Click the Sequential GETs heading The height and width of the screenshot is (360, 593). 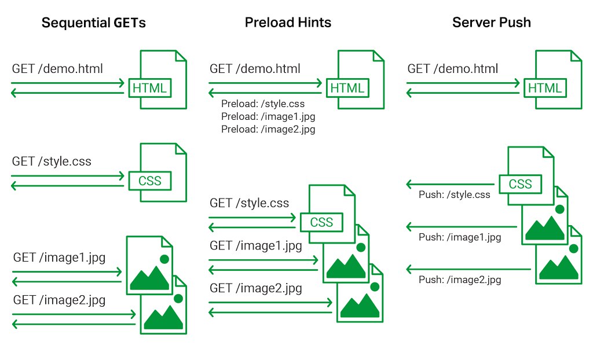[93, 23]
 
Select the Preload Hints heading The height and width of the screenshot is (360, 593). [288, 23]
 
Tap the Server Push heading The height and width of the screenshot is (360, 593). [491, 23]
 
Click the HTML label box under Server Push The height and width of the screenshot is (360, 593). [545, 88]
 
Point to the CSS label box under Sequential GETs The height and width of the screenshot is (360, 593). [150, 181]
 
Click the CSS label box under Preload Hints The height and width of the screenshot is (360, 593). [321, 222]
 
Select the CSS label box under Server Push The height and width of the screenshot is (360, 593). [520, 184]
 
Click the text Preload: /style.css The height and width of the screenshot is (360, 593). [263, 104]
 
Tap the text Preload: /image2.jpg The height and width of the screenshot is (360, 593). [268, 129]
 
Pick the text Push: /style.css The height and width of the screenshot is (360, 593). [454, 194]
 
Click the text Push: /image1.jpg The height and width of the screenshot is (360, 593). [459, 237]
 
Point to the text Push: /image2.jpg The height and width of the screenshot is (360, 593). [459, 280]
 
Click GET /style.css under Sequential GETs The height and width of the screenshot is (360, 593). [52, 161]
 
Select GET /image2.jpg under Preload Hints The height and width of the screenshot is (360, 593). [255, 289]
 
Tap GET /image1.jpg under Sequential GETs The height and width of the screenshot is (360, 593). [59, 258]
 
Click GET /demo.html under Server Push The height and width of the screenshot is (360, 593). [452, 69]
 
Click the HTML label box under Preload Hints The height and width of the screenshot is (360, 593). [347, 88]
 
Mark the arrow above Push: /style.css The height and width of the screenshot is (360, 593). [450, 184]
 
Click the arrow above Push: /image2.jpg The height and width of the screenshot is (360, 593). [468, 269]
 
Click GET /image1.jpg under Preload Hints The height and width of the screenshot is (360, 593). [255, 246]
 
